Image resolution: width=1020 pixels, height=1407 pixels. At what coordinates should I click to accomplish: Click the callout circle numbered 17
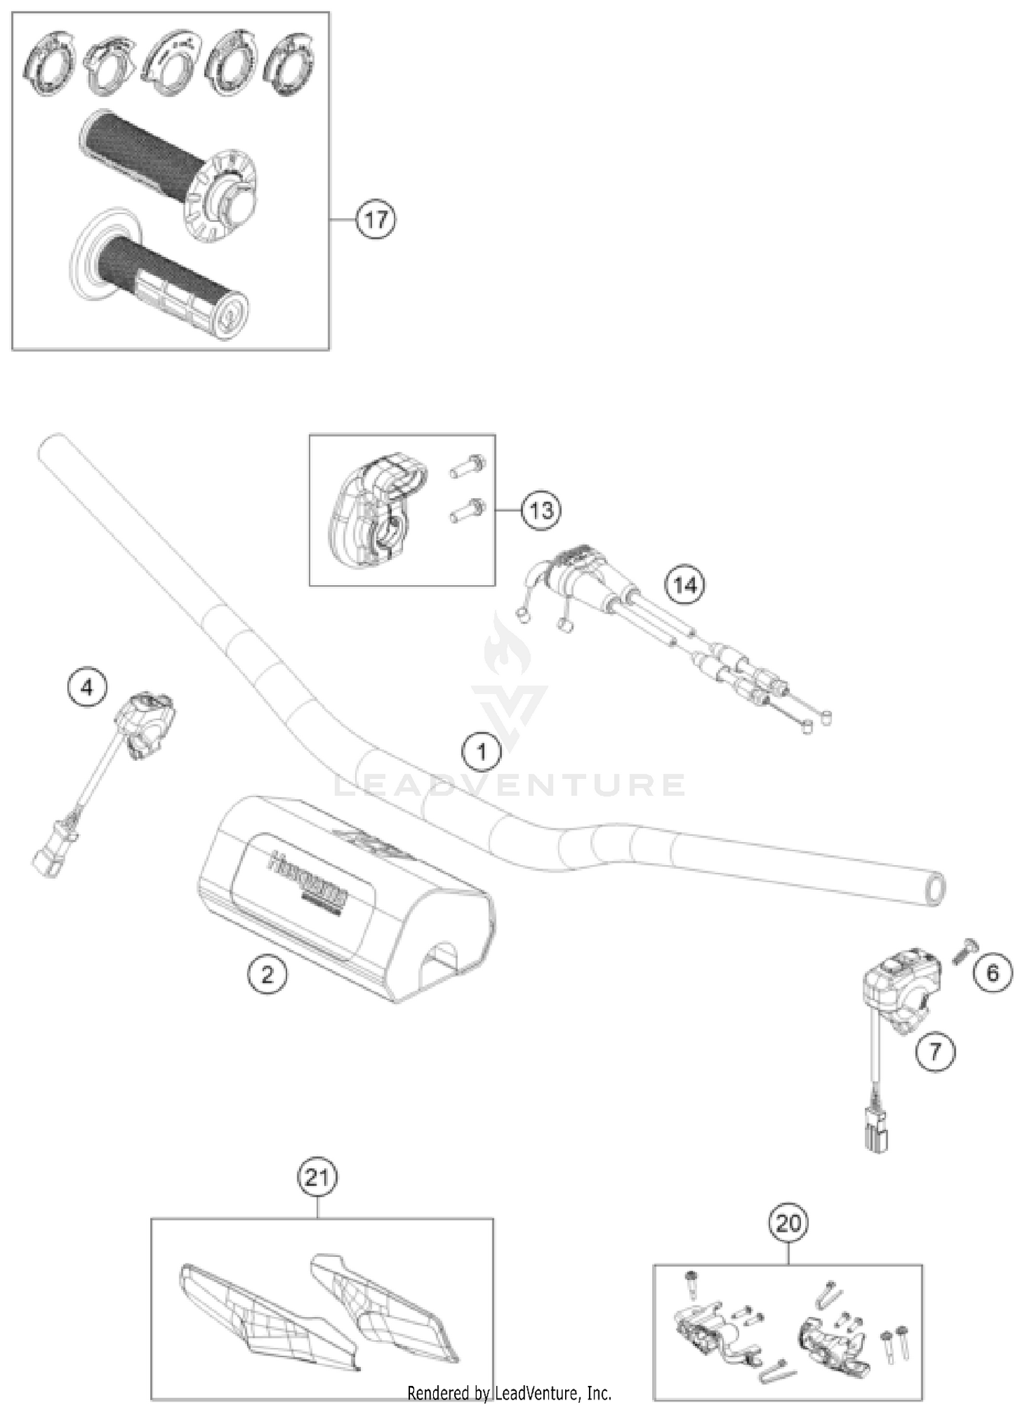point(376,220)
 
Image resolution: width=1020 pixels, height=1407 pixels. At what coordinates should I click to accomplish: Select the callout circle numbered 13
point(541,510)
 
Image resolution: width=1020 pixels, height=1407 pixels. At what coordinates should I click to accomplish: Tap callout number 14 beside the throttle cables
point(685,585)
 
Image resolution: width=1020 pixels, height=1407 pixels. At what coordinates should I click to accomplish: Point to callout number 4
point(87,688)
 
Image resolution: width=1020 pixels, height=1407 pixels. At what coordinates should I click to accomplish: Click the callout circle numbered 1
point(481,752)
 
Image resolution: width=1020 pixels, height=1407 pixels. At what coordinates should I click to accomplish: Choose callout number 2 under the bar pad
point(267,975)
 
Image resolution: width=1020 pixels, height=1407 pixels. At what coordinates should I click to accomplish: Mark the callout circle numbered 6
point(992,973)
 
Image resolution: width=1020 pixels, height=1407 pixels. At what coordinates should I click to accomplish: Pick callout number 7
point(935,1052)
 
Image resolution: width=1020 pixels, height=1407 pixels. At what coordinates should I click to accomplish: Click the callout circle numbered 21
point(318,1177)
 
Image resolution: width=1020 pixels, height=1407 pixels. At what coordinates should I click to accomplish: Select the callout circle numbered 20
point(788,1223)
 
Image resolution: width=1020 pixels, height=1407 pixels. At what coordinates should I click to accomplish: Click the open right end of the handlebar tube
point(937,889)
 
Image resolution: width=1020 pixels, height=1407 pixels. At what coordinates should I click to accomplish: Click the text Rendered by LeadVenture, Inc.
point(509,1393)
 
